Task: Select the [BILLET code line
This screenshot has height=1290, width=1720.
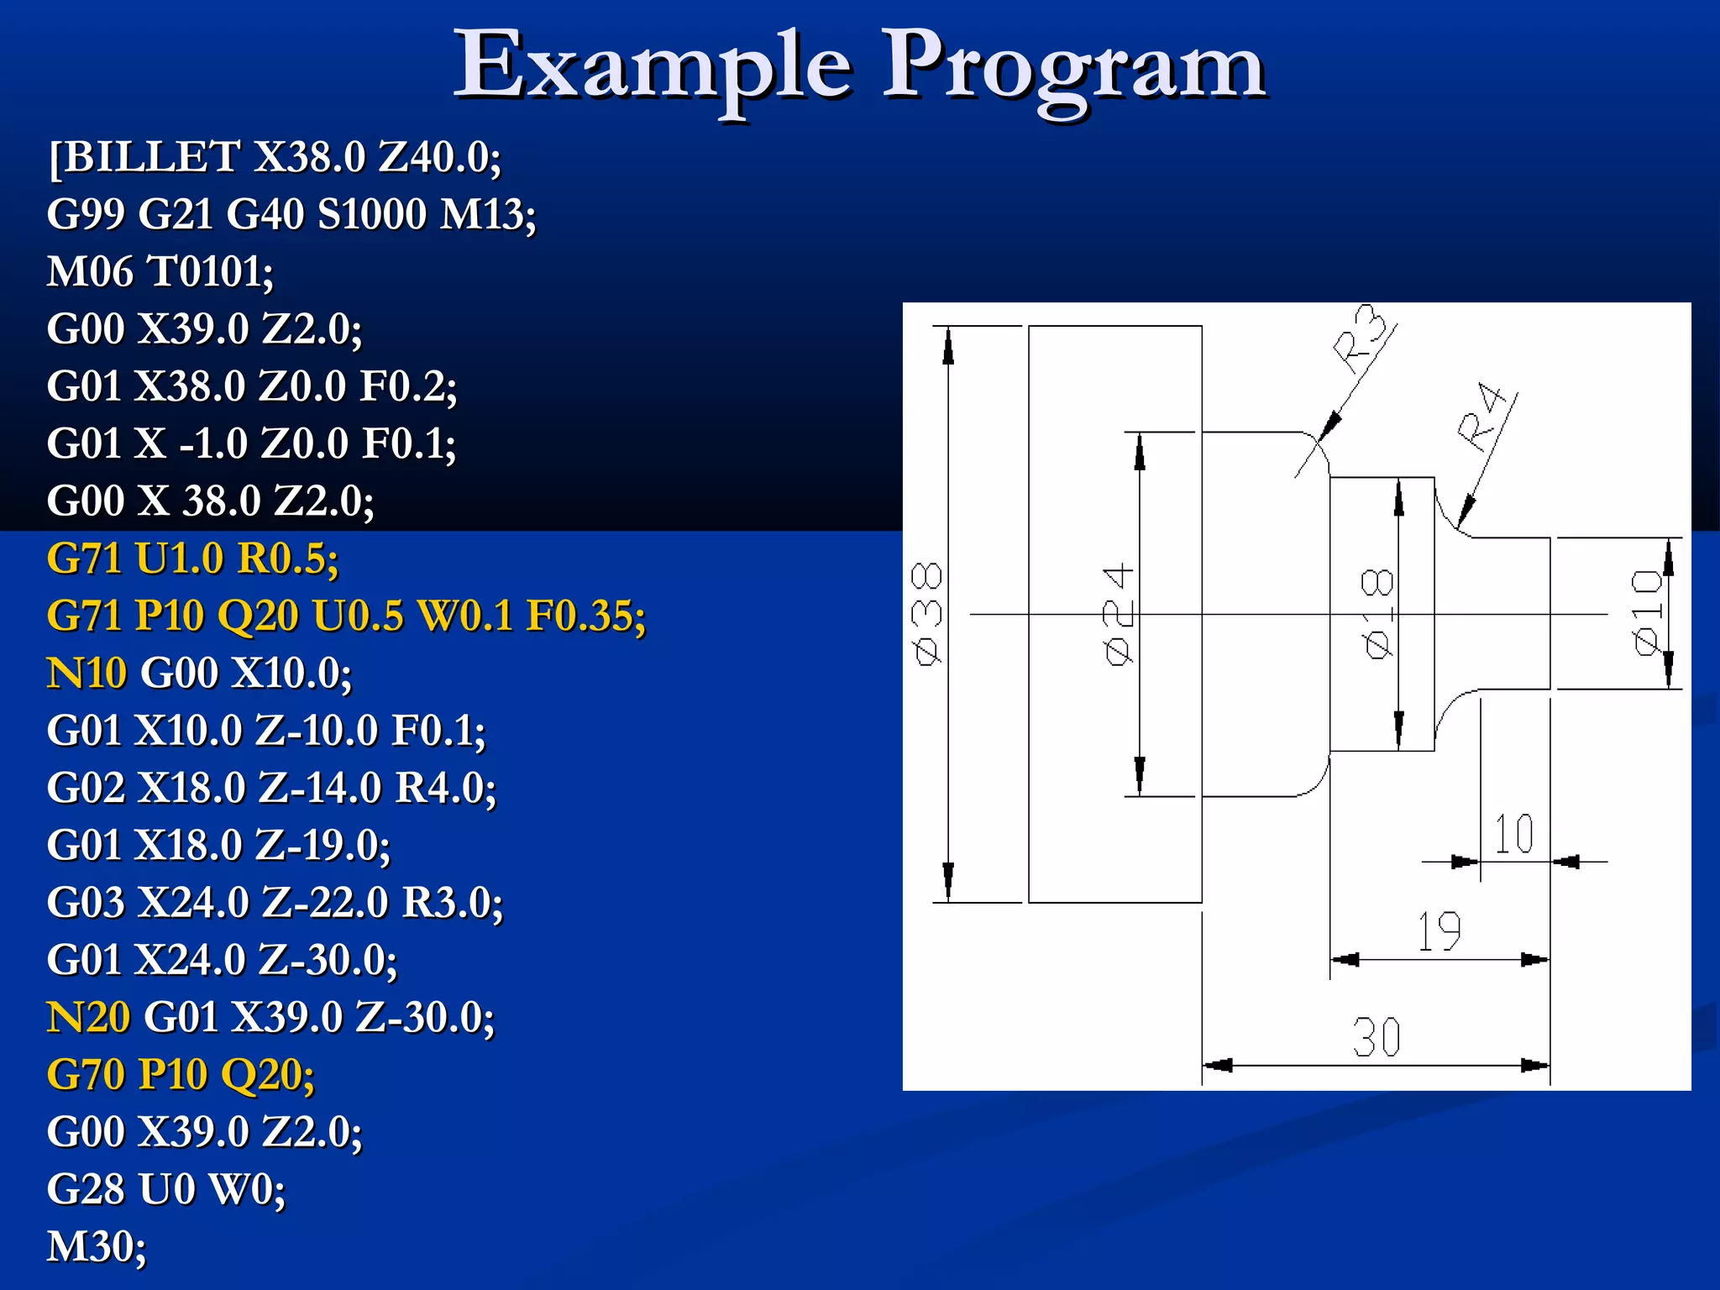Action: pos(275,157)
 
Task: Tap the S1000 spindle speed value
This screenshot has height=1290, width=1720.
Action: pos(372,214)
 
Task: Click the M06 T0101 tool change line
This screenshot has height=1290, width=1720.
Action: pos(160,271)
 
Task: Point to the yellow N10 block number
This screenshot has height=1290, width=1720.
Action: pos(87,673)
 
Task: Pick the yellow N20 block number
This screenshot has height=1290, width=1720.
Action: pos(88,1017)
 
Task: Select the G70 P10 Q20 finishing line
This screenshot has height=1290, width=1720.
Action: pos(181,1074)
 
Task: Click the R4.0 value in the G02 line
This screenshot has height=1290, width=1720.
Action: pos(445,788)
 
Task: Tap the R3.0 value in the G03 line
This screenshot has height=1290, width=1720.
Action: pos(452,903)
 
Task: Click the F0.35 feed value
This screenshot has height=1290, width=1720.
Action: pos(585,616)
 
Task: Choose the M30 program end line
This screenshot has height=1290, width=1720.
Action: pos(97,1246)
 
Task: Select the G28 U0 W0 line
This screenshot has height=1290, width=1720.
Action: pos(166,1189)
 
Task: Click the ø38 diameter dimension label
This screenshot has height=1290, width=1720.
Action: pos(927,614)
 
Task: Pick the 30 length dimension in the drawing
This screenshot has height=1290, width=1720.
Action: pos(1377,1037)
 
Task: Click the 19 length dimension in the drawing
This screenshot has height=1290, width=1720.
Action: pos(1439,931)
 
